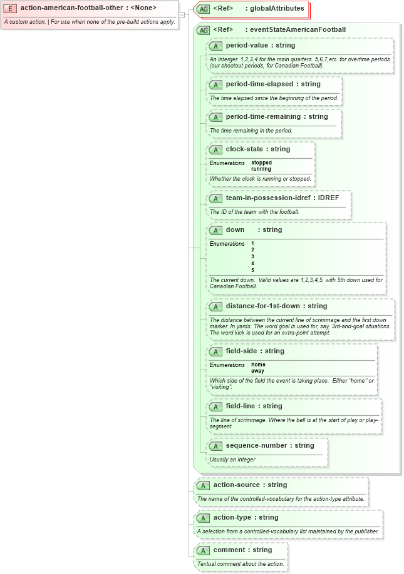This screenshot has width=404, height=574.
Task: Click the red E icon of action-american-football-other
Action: [10, 8]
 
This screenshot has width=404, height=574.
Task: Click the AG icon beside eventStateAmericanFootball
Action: [203, 30]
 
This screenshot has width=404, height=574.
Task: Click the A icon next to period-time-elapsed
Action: [215, 84]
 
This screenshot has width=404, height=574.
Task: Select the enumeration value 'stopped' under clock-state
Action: [261, 163]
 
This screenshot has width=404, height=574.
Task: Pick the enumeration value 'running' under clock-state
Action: [261, 169]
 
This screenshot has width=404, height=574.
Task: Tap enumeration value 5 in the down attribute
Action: [252, 270]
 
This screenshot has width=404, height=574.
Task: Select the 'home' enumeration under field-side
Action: [258, 365]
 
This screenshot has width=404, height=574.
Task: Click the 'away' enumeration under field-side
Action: [257, 371]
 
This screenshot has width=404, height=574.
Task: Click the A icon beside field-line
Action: [215, 407]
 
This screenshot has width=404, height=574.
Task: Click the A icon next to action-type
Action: [203, 518]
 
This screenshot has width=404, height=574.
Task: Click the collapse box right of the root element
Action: [181, 14]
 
